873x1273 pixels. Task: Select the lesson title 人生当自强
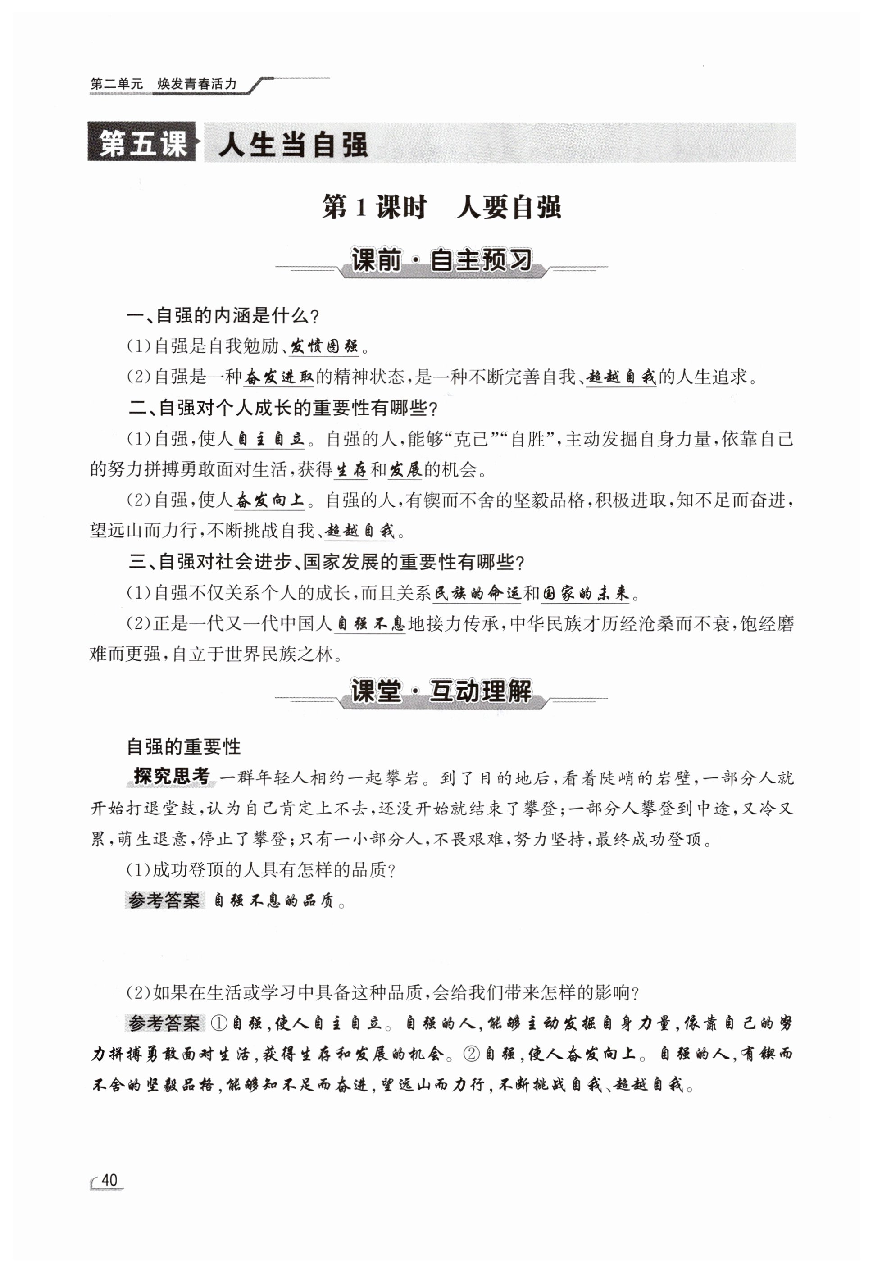tap(293, 145)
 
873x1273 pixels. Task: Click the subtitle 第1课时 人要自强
tap(441, 208)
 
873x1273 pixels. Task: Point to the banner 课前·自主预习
tap(441, 260)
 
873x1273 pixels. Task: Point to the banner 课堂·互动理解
tap(441, 691)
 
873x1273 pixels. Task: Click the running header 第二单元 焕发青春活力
tap(163, 84)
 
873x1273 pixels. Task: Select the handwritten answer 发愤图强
tap(325, 346)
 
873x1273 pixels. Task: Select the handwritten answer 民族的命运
tap(477, 593)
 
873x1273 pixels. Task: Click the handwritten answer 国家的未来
tap(585, 593)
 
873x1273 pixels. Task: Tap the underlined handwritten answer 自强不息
tap(370, 624)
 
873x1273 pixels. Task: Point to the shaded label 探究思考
tap(172, 777)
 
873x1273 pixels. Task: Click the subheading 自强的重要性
tap(184, 746)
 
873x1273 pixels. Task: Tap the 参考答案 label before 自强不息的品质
tap(164, 900)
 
